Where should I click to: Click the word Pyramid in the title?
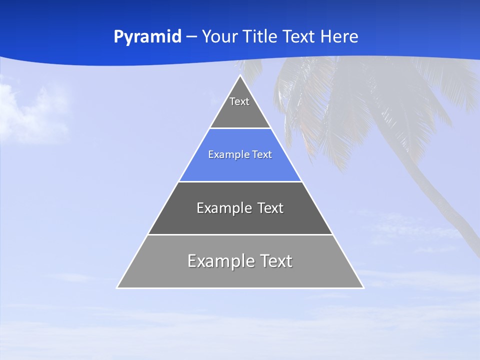click(x=147, y=37)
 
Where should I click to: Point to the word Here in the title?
click(x=339, y=37)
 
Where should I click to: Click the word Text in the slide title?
click(x=299, y=37)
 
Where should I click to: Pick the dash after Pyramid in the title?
click(x=191, y=37)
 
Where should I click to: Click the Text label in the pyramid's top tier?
click(x=239, y=101)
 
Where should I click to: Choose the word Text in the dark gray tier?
click(x=270, y=208)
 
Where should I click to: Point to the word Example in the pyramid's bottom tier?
click(x=220, y=261)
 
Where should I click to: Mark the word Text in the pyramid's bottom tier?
click(x=275, y=261)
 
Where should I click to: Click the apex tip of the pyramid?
click(x=240, y=76)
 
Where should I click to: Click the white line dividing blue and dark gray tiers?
click(x=240, y=181)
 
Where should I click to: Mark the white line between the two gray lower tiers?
click(x=240, y=234)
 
